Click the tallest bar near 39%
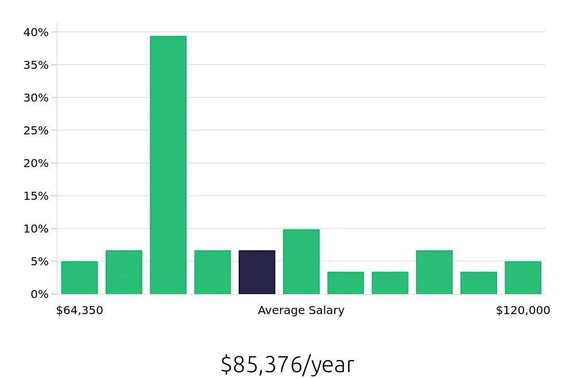pos(168,165)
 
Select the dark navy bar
pos(257,272)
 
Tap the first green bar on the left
pos(79,278)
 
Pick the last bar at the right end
pos(523,278)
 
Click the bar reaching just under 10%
pos(301,262)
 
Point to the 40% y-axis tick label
pos(36,32)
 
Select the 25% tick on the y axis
pos(36,130)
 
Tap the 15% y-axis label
pos(36,196)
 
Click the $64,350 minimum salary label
pos(79,311)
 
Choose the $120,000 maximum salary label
pos(523,311)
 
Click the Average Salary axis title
pos(301,311)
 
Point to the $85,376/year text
pos(287,365)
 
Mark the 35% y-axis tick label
pos(36,65)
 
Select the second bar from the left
pos(124,272)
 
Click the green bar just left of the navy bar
pos(212,272)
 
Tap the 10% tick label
pos(36,229)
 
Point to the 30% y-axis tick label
pos(36,98)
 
